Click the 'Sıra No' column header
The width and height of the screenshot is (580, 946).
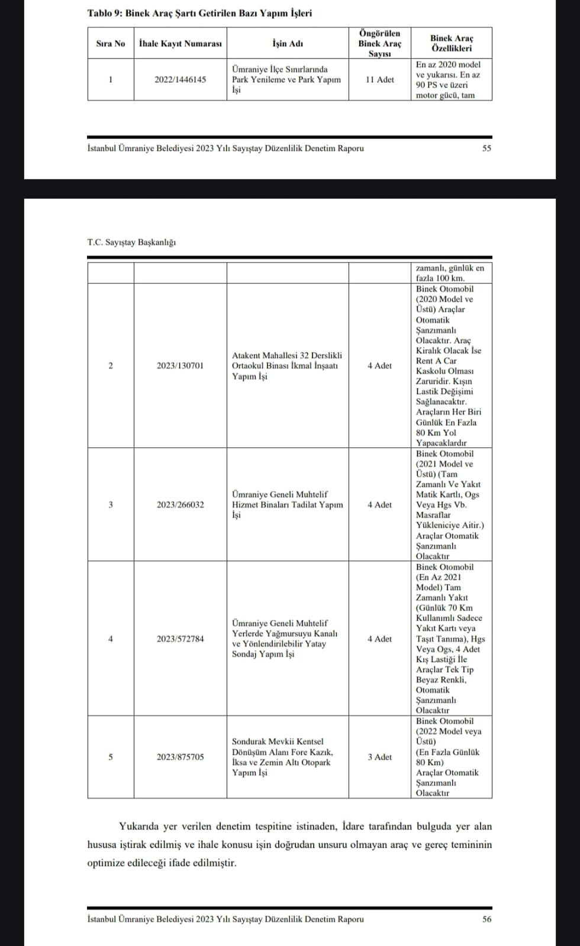pos(111,43)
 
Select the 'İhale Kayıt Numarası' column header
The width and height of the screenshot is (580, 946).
pos(180,43)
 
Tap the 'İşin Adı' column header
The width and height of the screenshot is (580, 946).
pos(288,43)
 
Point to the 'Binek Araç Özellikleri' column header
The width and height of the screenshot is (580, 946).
pos(451,43)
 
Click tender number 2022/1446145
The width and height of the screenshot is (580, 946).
pos(180,79)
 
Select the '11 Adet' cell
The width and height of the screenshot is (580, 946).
pos(379,79)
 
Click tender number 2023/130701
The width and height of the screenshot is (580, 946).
pos(180,366)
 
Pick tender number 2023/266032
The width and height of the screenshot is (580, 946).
pos(180,505)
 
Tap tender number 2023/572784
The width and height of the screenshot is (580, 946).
pos(180,639)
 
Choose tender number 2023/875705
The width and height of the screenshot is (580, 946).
pos(180,757)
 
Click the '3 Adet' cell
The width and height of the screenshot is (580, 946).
pos(379,757)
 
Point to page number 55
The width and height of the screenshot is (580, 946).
pos(486,148)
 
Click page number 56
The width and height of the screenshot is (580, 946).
pos(486,919)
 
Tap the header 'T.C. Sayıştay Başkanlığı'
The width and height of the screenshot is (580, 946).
pos(131,242)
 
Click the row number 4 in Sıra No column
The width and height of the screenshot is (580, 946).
pos(111,639)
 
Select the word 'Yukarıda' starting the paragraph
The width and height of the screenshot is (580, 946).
pos(137,826)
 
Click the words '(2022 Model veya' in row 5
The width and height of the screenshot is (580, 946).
pos(449,731)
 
